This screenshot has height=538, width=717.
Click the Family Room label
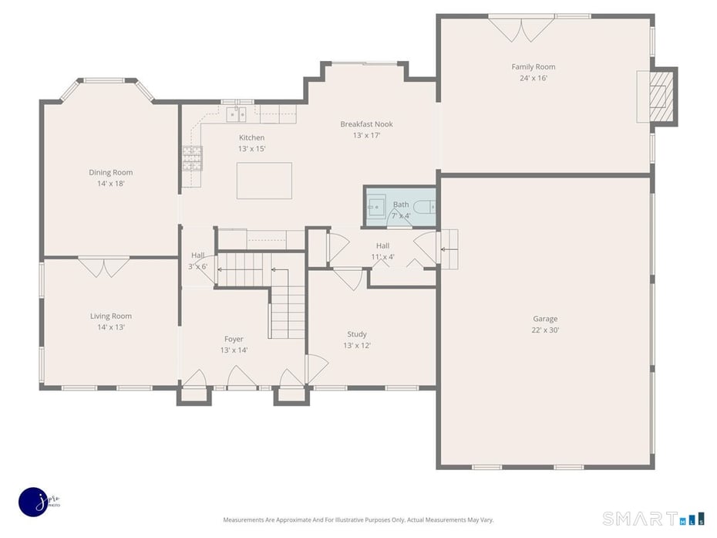coord(533,67)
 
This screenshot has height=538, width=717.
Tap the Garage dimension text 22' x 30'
coord(544,330)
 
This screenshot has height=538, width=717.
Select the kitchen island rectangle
coord(264,180)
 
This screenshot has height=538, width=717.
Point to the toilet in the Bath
coord(425,206)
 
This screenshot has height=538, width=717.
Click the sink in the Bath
coord(376,207)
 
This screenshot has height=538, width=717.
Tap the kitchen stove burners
coord(191,159)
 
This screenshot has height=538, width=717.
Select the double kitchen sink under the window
coord(237,115)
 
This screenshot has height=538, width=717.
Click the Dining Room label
coord(111,173)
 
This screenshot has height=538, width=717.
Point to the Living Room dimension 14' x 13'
coord(111,327)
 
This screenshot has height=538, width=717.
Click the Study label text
coord(356,334)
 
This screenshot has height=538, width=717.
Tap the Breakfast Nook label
coord(366,124)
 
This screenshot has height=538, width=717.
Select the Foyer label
coord(234,339)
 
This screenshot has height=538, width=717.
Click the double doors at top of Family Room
coord(522,29)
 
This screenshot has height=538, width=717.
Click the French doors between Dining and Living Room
coord(104,267)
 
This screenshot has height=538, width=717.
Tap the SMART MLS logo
coord(653,518)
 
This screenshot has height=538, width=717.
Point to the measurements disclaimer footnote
coord(358,519)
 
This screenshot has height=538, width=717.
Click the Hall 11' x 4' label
coord(382,251)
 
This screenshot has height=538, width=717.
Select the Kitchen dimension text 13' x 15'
coord(251,148)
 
